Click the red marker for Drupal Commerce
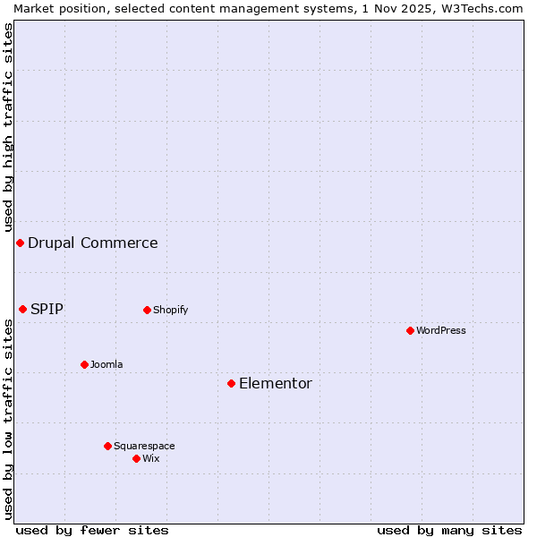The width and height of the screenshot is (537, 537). pos(20,243)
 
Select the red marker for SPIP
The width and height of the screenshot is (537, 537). pos(23,309)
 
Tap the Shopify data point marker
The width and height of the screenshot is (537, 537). pos(147,310)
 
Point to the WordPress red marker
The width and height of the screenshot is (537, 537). pos(410,330)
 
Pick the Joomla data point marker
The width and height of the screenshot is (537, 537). pos(84,364)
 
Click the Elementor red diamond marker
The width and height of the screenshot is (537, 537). pos(231,383)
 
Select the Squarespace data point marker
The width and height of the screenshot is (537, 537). pos(107,446)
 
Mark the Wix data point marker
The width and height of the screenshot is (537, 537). pos(136,458)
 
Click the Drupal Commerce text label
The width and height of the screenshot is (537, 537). pos(93,243)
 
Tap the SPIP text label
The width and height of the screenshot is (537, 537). pos(47,309)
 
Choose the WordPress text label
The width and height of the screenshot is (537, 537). pos(441,330)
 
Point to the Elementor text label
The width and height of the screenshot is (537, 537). pos(276,383)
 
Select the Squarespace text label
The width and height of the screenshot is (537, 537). pos(144,446)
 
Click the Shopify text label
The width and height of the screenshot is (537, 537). pos(170,310)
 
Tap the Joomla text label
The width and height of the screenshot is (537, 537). pos(107,364)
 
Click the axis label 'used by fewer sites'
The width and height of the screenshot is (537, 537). pos(92,530)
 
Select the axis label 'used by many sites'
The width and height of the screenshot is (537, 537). pos(449,530)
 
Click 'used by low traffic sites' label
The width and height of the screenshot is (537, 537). pos(8,418)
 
